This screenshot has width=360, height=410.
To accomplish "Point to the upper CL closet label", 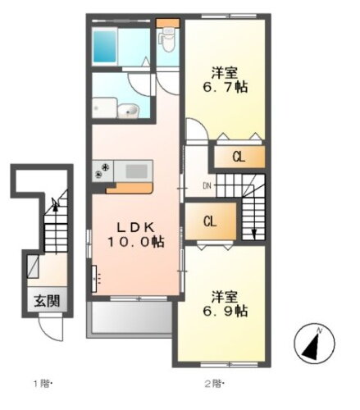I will (237, 156).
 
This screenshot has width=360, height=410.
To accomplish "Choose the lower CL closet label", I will (210, 221).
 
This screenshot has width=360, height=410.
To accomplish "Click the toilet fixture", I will (168, 38).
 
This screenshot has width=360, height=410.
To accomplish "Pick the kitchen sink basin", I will (135, 171).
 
